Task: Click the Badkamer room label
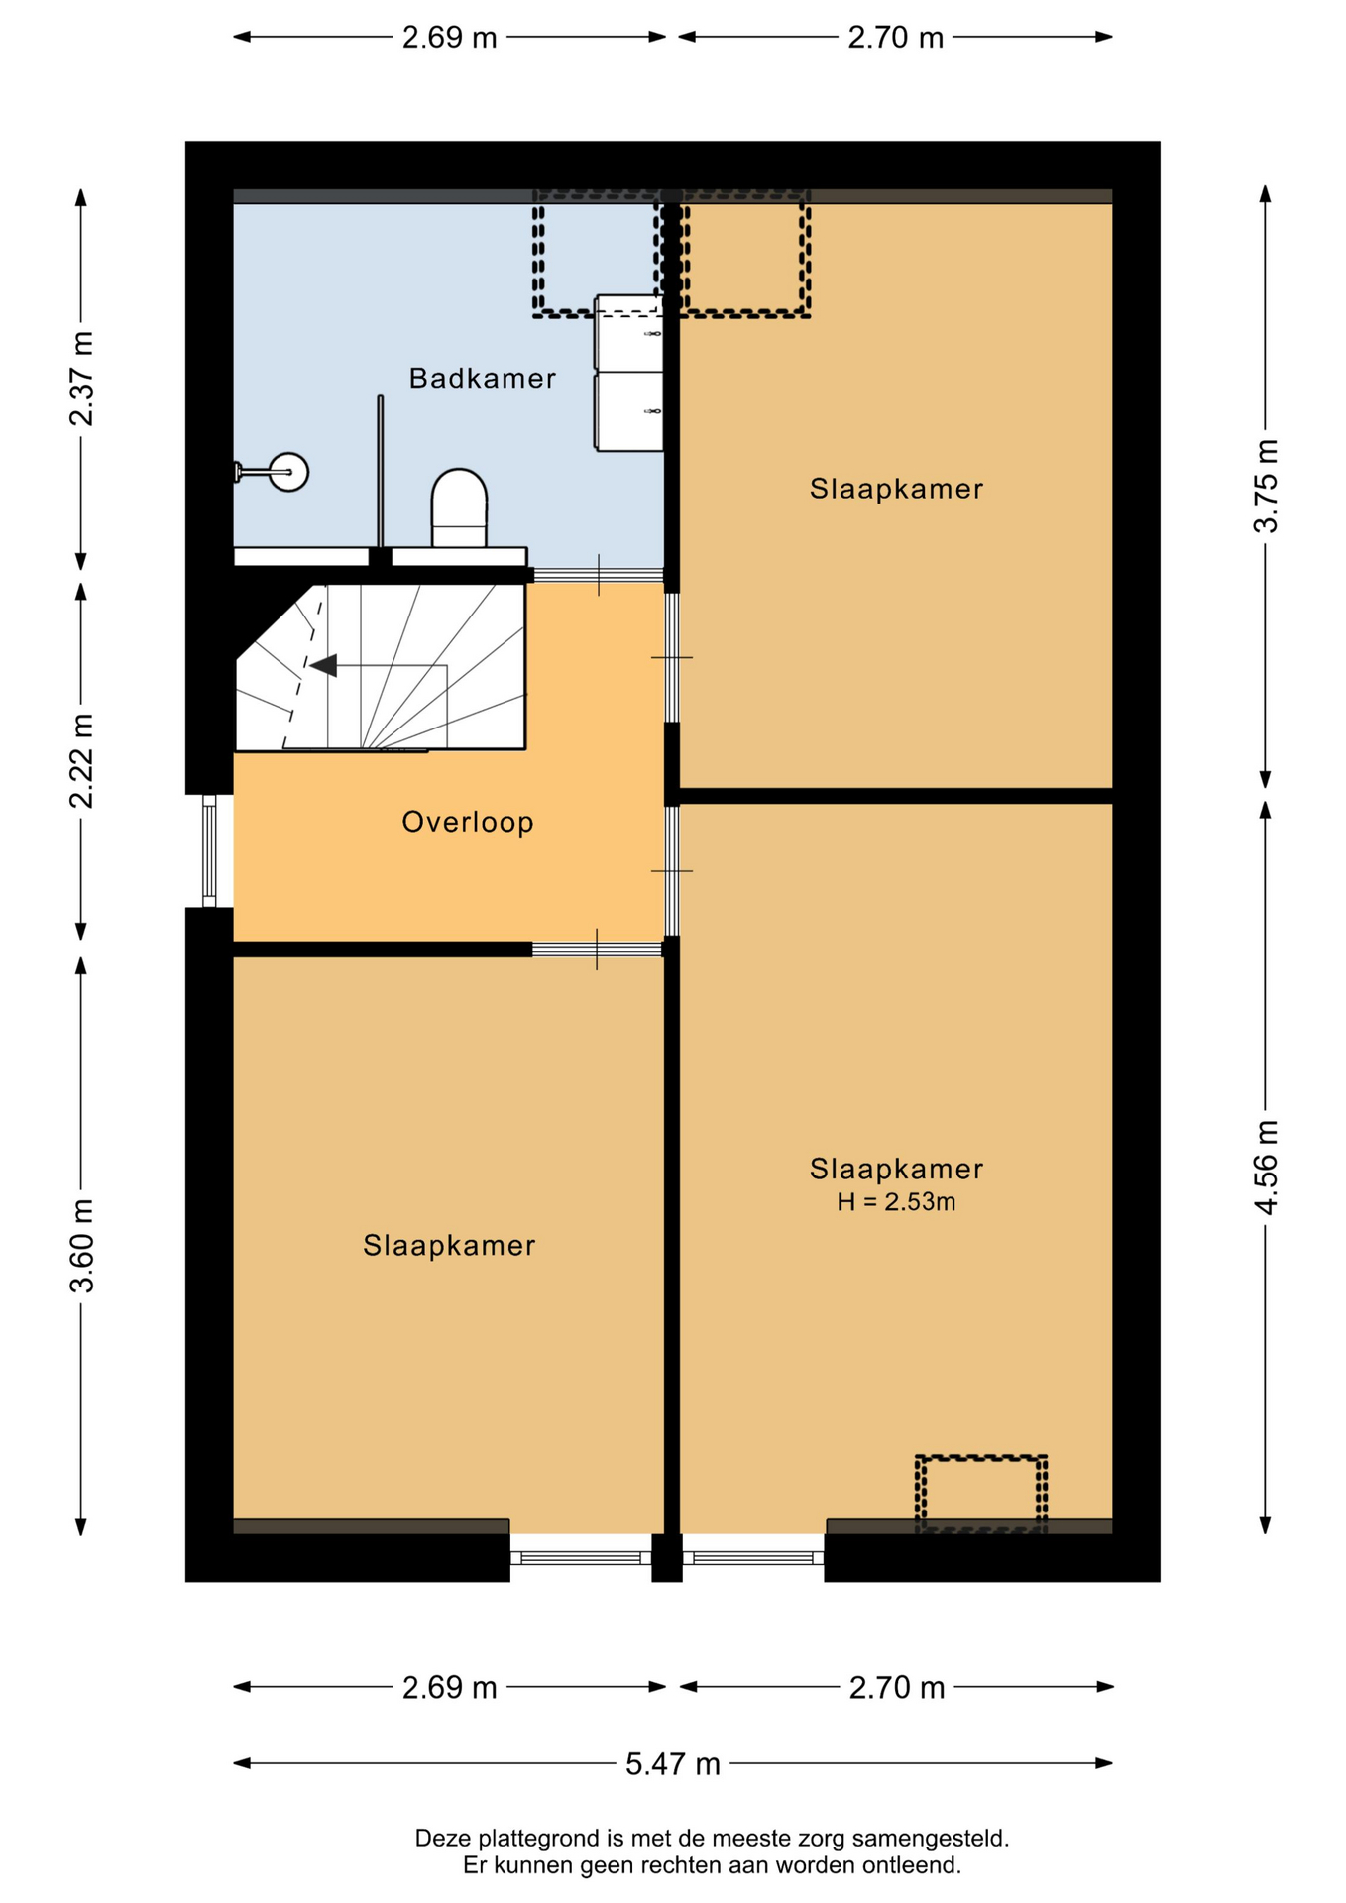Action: click(482, 378)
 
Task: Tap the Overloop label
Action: click(468, 822)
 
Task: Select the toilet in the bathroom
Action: click(459, 507)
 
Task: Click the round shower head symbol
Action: click(288, 472)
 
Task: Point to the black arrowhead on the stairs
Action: click(323, 666)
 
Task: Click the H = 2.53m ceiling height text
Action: click(896, 1202)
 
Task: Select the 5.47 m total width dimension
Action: click(672, 1764)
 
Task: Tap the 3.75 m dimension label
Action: click(1266, 486)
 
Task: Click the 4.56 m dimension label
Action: click(1266, 1167)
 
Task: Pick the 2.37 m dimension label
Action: click(81, 379)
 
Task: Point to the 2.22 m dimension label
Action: click(81, 760)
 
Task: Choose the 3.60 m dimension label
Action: click(81, 1246)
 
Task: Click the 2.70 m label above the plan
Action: click(895, 38)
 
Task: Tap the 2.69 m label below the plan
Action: click(449, 1688)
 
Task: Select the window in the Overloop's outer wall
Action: click(209, 850)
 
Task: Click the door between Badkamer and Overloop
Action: click(599, 575)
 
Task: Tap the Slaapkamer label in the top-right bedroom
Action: click(896, 489)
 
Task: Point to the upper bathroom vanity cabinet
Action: click(628, 333)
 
